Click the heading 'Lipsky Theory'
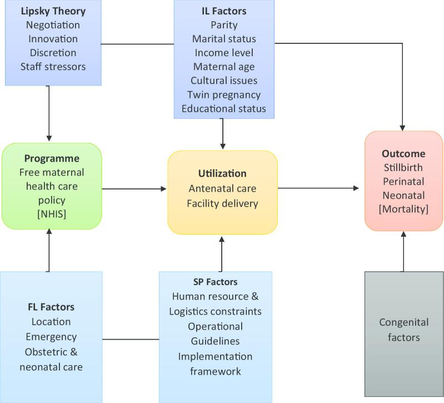coord(53,11)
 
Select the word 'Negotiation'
coord(53,25)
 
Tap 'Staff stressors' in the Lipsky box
coord(53,67)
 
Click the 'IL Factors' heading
coord(223,11)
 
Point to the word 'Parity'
coord(223,25)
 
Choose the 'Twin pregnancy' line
coord(223,94)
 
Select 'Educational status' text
coord(223,108)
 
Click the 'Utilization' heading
coord(222,173)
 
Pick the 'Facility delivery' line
coord(222,203)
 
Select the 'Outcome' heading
coord(403,154)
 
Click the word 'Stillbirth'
coord(403,167)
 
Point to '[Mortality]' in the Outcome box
coord(403,209)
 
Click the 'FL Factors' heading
coord(51,307)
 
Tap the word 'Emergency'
coord(51,336)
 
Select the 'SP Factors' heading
coord(215,282)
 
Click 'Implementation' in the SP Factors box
coord(215,356)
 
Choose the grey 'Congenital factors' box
coord(403,334)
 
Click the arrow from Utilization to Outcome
coord(319,188)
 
